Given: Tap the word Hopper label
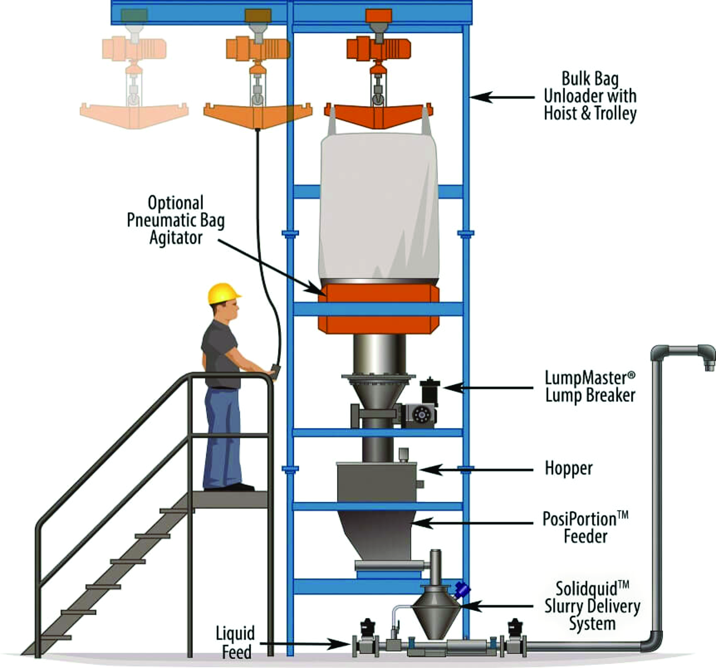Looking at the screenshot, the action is [x=569, y=469].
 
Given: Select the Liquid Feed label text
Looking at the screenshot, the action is [x=236, y=643].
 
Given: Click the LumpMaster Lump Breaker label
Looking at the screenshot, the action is [x=590, y=387].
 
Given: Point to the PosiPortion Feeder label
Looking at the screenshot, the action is [x=585, y=527].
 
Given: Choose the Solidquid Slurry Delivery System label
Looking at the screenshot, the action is [x=592, y=606].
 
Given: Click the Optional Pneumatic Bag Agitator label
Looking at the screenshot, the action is [x=176, y=220].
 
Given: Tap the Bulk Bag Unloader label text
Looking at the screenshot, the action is [x=590, y=96].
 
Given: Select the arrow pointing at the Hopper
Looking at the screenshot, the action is [x=475, y=469].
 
